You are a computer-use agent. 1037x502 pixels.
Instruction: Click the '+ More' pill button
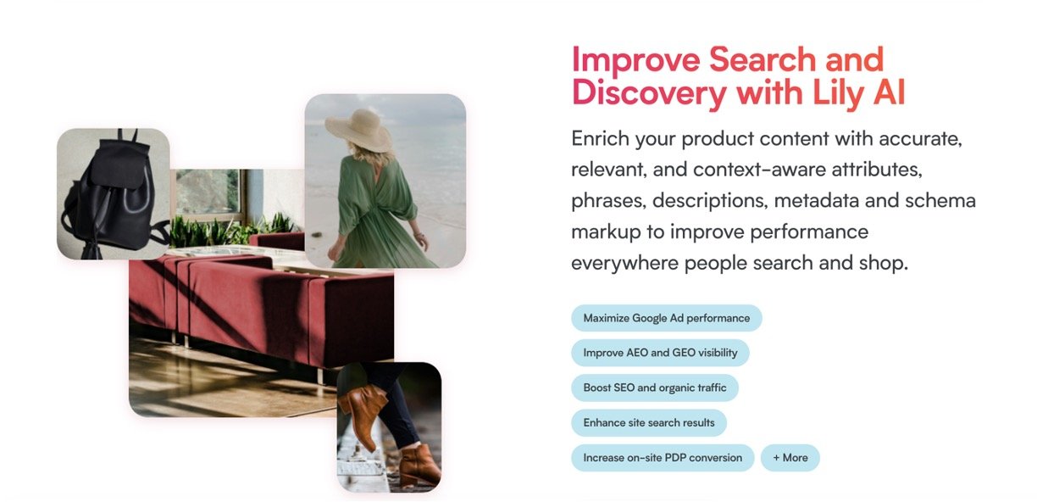(790, 458)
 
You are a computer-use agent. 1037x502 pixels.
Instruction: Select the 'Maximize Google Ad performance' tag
(666, 318)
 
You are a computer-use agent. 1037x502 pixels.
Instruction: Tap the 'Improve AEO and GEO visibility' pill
(660, 353)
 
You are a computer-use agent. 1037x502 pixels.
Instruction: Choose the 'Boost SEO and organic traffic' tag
(655, 388)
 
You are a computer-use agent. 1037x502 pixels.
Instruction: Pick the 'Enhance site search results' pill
(649, 423)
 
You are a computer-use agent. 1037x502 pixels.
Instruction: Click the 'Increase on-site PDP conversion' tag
(663, 458)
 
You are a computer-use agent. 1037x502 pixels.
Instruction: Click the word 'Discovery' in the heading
(649, 94)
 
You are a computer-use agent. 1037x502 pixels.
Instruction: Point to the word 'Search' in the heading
(762, 59)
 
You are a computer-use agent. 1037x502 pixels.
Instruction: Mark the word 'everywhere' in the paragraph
(624, 263)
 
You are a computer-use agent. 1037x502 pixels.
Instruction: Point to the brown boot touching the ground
(419, 465)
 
